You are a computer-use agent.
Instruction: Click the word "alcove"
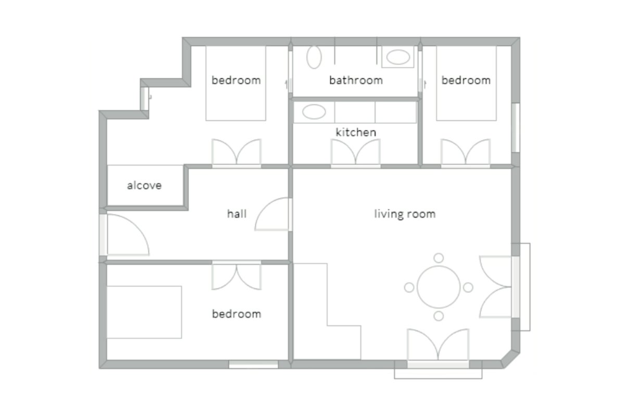click(x=144, y=185)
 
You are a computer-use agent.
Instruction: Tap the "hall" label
click(x=236, y=214)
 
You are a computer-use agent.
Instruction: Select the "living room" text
click(x=405, y=214)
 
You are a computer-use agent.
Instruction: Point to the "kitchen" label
click(x=356, y=132)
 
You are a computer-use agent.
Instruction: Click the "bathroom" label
click(x=356, y=80)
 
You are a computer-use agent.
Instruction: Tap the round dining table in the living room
click(x=439, y=287)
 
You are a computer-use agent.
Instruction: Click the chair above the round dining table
click(x=439, y=258)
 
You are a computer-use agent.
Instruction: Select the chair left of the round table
click(x=409, y=287)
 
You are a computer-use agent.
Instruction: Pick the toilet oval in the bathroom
click(x=314, y=57)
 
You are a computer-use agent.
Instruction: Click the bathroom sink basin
click(x=398, y=57)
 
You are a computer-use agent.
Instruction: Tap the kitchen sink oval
click(x=314, y=112)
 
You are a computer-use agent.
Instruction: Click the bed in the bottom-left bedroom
click(x=144, y=312)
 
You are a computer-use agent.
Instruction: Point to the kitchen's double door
click(x=355, y=152)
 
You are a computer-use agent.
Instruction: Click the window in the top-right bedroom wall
click(x=516, y=127)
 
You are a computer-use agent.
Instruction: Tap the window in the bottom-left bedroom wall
click(x=253, y=364)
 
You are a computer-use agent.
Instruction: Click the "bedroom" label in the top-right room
click(x=466, y=80)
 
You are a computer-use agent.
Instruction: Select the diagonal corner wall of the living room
click(x=510, y=360)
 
